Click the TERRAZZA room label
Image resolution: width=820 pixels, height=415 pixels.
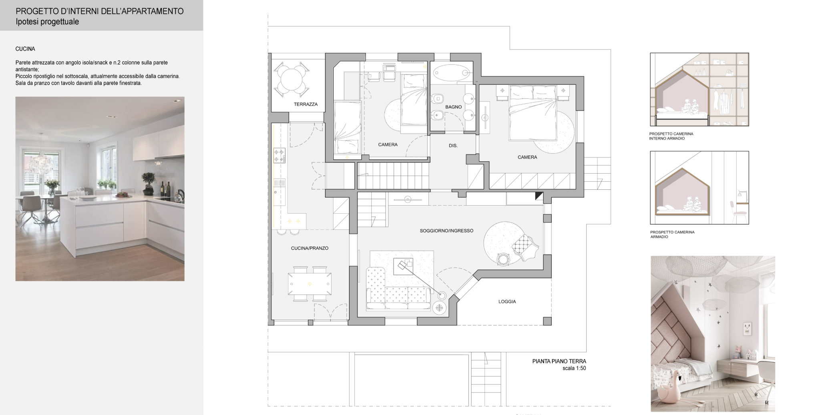305,104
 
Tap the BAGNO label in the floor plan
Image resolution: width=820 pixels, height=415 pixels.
453,107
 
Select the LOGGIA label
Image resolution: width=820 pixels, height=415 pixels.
507,302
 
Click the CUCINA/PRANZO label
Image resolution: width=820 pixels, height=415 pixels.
310,249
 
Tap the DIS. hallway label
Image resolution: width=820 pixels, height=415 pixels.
453,146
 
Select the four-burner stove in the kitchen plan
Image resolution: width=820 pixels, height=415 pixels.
279,155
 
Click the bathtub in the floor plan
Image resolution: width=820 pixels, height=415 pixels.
451,73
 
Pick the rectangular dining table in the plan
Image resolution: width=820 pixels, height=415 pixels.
310,284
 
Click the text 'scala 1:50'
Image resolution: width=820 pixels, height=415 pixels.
574,368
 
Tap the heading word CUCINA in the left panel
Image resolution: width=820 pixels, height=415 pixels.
25,49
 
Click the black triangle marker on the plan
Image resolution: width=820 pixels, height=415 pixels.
539,196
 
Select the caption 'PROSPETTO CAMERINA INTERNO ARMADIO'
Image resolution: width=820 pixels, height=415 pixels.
671,136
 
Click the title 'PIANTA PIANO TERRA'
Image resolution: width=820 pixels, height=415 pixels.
559,361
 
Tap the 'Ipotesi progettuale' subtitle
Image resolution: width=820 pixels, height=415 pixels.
47,22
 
